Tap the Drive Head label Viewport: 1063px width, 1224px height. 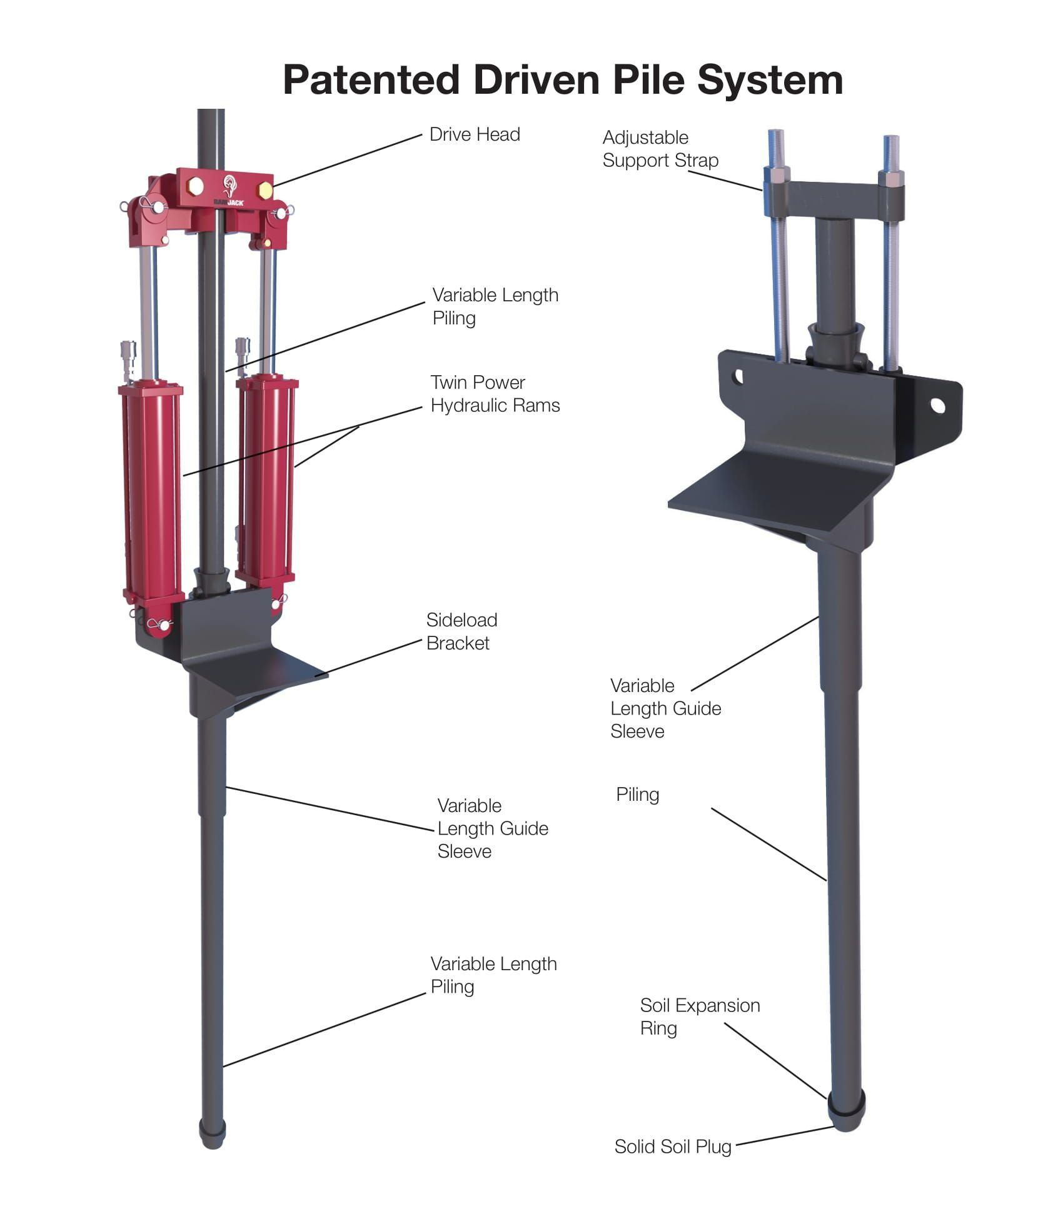coord(474,134)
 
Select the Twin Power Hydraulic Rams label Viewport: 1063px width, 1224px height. coord(494,394)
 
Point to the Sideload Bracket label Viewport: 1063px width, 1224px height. coord(461,631)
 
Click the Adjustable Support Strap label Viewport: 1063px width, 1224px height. coord(660,149)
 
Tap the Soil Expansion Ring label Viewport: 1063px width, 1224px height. coord(699,1016)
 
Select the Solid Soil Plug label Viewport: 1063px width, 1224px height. coord(672,1146)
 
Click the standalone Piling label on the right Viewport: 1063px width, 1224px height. coord(637,795)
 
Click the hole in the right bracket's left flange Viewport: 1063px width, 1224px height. coord(738,376)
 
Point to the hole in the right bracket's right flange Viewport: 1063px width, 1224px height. coord(937,406)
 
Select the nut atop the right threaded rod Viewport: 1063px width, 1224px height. coord(891,179)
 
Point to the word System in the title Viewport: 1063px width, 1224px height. coord(770,80)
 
